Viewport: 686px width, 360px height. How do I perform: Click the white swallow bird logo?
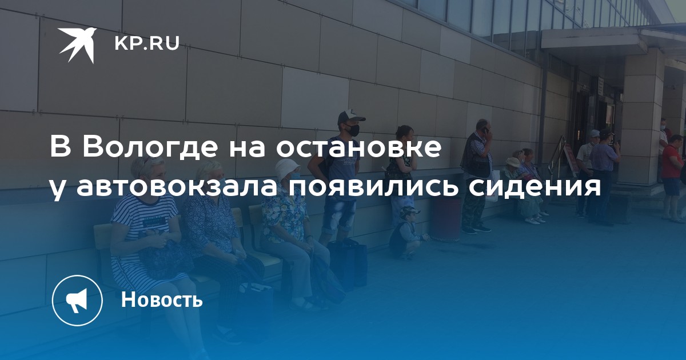pos(77,45)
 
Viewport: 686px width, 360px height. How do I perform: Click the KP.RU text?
pos(147,43)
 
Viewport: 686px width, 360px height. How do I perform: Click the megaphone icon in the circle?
pos(77,301)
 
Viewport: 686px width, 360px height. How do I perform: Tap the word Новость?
pos(162,299)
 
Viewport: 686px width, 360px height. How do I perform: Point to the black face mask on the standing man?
pos(352,130)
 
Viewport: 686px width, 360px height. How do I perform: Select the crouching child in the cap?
pos(406,231)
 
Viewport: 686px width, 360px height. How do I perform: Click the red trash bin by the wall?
pos(448,219)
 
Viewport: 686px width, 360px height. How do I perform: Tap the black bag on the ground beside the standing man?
pos(348,263)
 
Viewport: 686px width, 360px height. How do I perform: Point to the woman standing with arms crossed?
pos(402,174)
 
